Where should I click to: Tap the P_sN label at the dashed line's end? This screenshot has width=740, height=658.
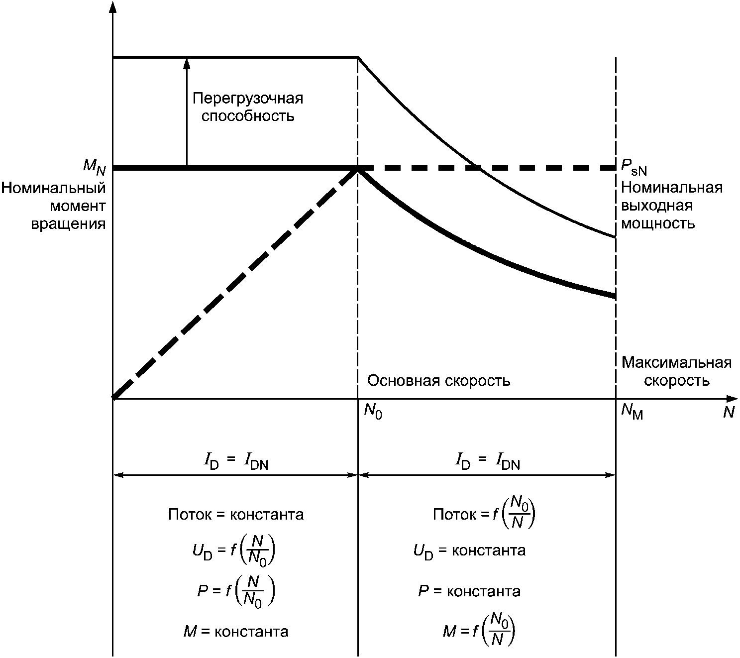point(634,168)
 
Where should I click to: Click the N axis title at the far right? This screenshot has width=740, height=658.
point(729,413)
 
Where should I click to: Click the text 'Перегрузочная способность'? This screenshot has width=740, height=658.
point(248,107)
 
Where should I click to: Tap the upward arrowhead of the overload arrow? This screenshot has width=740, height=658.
point(187,62)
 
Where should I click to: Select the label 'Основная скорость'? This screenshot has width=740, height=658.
point(438,381)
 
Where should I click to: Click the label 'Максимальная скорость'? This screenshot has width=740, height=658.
point(676,371)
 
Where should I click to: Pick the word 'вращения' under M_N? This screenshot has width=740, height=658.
point(68,223)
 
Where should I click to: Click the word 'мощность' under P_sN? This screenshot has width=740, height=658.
point(658,223)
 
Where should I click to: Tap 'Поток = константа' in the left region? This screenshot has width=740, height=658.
point(235,514)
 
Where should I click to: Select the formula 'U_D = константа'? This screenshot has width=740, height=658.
point(469,551)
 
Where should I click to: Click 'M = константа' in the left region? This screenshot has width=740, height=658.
point(235,632)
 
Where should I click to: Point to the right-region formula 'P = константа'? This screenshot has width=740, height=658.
point(469,591)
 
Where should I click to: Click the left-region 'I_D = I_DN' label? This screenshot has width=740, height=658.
point(235,462)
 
